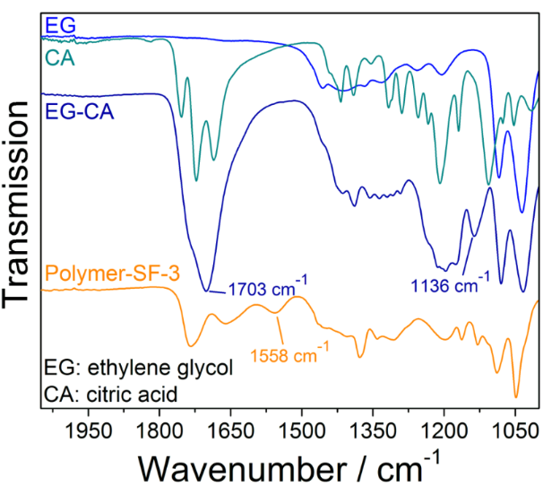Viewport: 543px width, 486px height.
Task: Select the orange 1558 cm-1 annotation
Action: pos(290,354)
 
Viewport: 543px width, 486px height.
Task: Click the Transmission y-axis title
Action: pos(20,206)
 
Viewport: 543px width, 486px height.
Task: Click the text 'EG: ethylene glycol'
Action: pos(138,369)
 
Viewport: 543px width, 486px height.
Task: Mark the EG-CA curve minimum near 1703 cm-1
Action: pos(207,291)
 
